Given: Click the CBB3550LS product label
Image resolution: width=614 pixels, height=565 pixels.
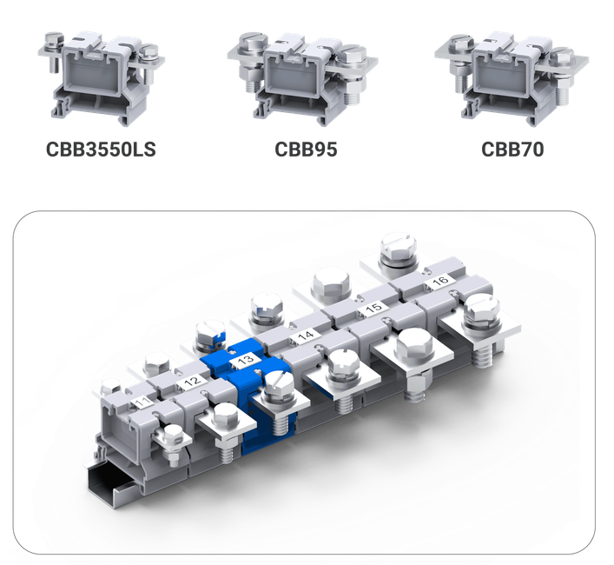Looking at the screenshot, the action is [x=101, y=150].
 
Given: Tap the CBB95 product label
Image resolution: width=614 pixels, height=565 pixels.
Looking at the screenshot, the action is [x=306, y=150].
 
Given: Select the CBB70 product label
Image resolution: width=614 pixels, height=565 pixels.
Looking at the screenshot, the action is [x=512, y=150].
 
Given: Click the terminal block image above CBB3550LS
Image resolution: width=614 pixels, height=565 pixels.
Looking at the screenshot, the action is [x=102, y=78].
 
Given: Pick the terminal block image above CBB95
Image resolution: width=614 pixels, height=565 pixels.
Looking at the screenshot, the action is [x=303, y=79].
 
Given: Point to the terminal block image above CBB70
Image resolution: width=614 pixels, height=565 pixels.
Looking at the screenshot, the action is [x=512, y=79].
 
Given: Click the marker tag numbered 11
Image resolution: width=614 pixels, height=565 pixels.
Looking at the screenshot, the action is [x=142, y=402].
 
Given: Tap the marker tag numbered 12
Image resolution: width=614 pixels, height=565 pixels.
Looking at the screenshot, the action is [x=192, y=381].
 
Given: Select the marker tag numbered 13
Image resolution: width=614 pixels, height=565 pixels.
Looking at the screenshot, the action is [x=246, y=360].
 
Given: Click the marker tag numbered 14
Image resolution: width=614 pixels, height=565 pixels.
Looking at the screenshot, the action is [x=306, y=336].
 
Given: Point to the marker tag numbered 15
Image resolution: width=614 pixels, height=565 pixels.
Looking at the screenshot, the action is [x=373, y=308].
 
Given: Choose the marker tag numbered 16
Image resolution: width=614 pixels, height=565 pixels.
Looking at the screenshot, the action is [x=440, y=281].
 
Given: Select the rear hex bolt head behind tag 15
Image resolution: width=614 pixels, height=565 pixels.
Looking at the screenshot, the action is [x=331, y=282].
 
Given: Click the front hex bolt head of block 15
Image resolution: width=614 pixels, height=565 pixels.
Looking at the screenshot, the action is [x=414, y=346].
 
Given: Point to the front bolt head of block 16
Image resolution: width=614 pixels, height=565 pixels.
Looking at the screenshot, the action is [x=482, y=309].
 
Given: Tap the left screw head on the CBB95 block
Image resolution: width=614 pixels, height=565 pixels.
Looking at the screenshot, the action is [x=253, y=43].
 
